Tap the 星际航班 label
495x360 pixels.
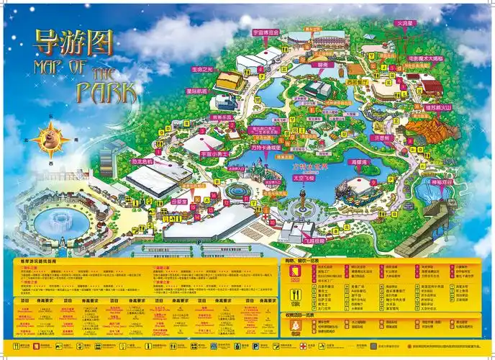point(197,91)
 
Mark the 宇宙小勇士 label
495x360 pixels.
point(213,153)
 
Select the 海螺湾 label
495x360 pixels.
point(360,163)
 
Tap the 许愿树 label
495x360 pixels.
point(381,138)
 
